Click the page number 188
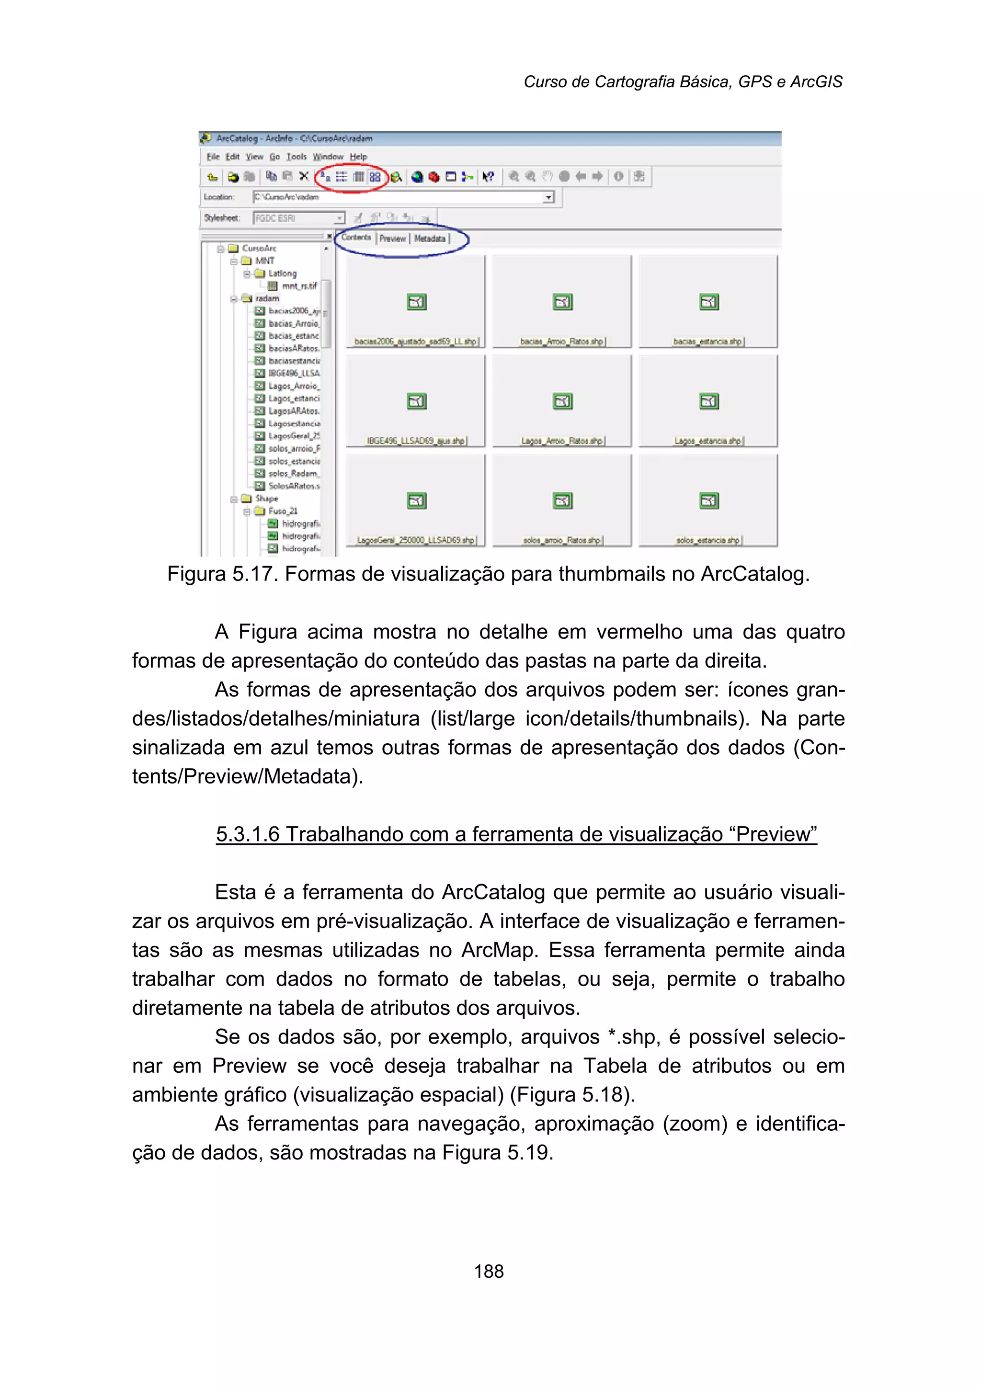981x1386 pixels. click(x=488, y=1271)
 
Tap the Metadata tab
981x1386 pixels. click(x=430, y=239)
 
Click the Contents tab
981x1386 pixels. click(x=356, y=238)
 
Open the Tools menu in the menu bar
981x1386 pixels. click(x=296, y=157)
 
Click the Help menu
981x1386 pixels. click(x=358, y=157)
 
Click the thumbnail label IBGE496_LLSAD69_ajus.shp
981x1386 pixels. click(x=416, y=442)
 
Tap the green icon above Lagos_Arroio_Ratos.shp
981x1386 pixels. click(x=562, y=402)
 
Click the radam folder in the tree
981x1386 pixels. click(x=266, y=298)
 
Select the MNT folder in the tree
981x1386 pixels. click(x=264, y=261)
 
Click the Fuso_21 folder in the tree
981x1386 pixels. click(x=282, y=511)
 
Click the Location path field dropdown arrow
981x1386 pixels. click(x=548, y=197)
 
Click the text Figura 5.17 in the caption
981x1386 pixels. click(x=221, y=574)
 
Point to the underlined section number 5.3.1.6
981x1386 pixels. click(x=248, y=834)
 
